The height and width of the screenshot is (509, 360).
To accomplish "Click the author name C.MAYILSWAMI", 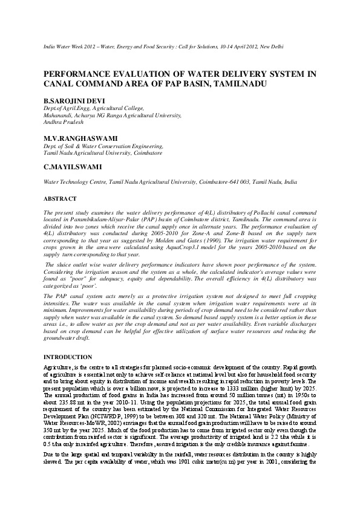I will point(72,166).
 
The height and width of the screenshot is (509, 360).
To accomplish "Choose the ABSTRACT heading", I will point(60,198).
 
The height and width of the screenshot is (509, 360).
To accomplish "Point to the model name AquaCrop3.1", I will point(171,249).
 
